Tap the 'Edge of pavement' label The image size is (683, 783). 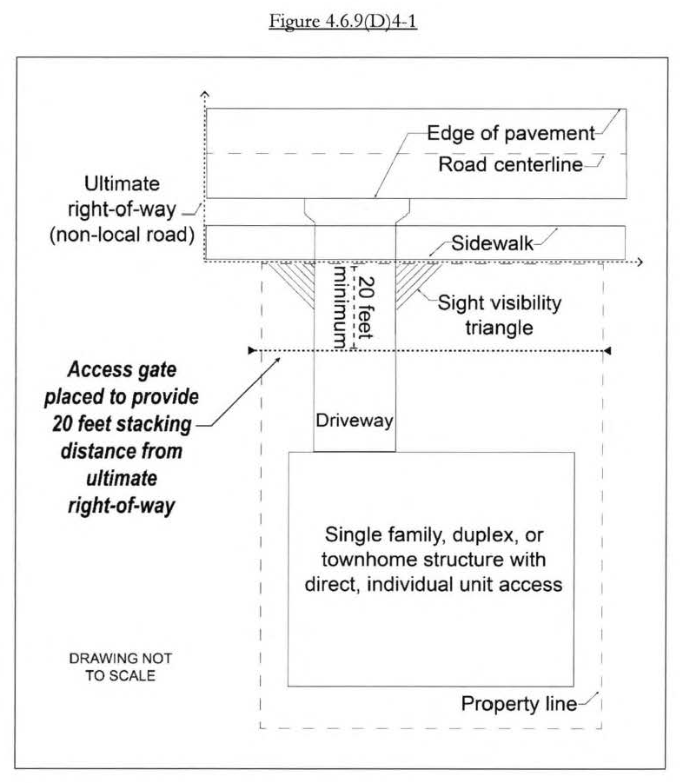click(x=510, y=134)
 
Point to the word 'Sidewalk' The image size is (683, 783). click(x=491, y=244)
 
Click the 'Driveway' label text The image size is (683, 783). click(x=354, y=422)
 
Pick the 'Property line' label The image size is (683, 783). click(x=518, y=704)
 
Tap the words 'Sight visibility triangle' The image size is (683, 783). click(x=499, y=317)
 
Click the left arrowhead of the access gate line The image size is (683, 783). click(x=251, y=351)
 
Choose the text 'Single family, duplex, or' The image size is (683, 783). click(x=425, y=534)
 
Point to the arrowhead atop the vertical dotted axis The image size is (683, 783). click(x=204, y=91)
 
